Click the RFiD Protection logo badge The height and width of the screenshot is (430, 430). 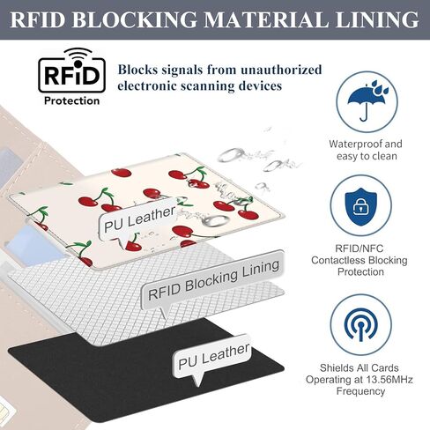(x=71, y=77)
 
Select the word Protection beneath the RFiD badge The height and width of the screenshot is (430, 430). (x=71, y=100)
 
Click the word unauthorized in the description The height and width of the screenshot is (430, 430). (x=281, y=70)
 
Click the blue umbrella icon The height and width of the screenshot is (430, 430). (x=367, y=100)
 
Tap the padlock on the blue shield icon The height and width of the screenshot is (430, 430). (x=361, y=207)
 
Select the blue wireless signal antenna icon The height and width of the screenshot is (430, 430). (x=361, y=325)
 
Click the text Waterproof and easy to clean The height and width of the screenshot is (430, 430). (x=366, y=150)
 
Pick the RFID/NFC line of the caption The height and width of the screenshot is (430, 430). (x=360, y=248)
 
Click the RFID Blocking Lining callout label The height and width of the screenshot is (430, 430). (x=213, y=280)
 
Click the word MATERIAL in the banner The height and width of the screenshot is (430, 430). (x=266, y=20)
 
